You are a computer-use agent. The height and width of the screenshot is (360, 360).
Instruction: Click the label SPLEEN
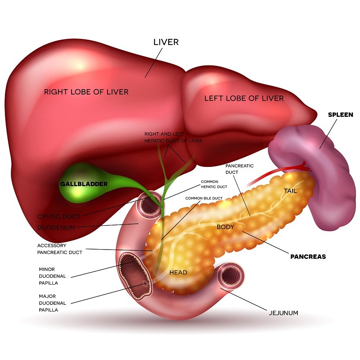340,115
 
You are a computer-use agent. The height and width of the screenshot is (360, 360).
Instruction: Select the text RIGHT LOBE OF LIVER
86,92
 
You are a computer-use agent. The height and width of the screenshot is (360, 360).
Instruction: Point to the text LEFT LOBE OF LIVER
244,98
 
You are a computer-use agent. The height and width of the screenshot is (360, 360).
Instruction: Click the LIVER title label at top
166,42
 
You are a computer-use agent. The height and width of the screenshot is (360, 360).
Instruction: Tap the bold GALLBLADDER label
84,184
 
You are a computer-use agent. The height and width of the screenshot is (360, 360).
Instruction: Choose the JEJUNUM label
283,313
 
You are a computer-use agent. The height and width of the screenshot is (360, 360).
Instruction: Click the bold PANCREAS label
308,257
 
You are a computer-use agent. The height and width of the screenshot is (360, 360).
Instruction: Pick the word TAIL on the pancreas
291,191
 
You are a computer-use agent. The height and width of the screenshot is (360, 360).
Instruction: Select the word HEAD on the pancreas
178,272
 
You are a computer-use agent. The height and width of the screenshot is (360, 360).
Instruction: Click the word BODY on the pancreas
225,227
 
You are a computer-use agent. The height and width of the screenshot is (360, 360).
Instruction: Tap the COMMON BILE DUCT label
204,198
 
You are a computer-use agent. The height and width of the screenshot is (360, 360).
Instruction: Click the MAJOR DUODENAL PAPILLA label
48,303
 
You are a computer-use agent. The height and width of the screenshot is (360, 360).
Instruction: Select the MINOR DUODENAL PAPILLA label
48,276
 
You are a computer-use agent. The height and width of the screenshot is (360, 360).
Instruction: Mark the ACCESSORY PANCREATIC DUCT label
60,249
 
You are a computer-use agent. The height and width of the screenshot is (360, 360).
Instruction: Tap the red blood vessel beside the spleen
286,170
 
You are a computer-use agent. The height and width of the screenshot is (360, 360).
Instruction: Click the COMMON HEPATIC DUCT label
214,184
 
